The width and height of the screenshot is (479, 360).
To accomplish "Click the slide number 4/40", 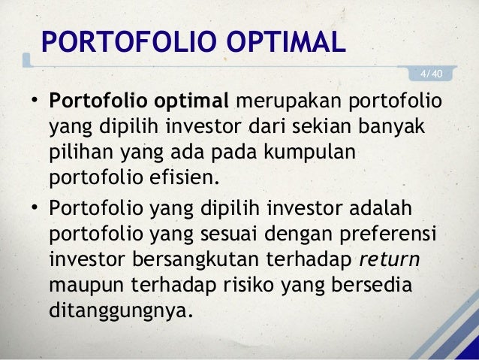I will pos(431,73).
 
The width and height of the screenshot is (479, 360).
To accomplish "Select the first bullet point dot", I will pos(34,102).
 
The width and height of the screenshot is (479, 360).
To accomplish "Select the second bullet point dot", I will pos(34,207).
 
